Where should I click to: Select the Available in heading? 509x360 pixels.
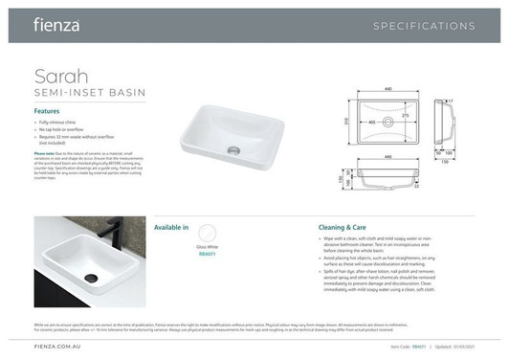click(171, 227)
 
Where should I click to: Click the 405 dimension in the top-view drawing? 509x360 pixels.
click(371, 123)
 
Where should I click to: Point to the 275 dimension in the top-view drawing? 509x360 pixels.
click(406, 115)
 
